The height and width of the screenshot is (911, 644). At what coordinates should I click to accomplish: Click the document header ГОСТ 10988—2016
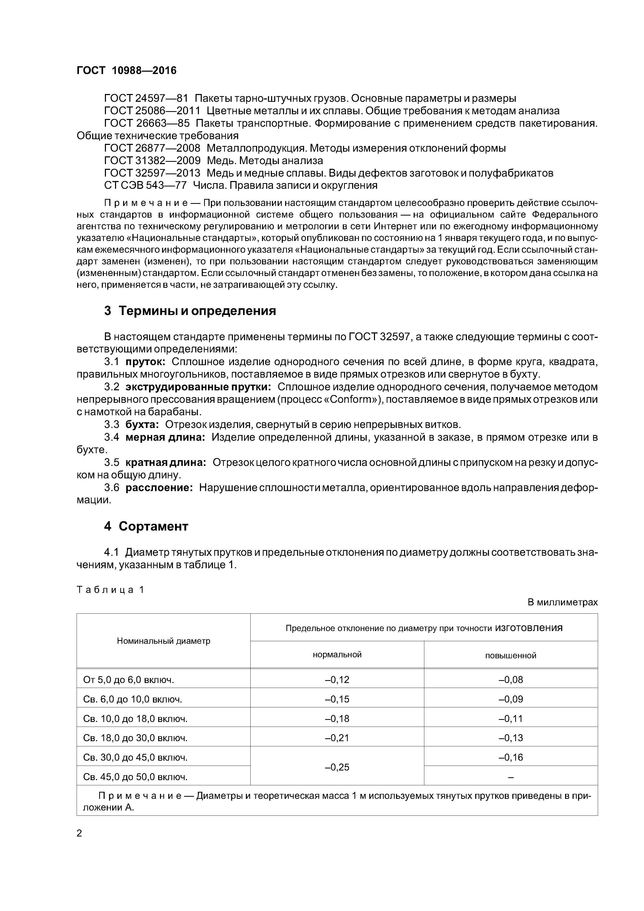pos(126,71)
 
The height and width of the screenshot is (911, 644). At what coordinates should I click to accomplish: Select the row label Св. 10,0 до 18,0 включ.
pos(135,719)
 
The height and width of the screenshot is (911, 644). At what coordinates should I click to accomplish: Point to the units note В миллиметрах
pos(562,602)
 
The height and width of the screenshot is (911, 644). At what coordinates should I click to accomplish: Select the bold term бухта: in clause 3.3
pos(142,425)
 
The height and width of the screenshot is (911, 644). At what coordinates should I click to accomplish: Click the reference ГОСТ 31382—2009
pos(152,161)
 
